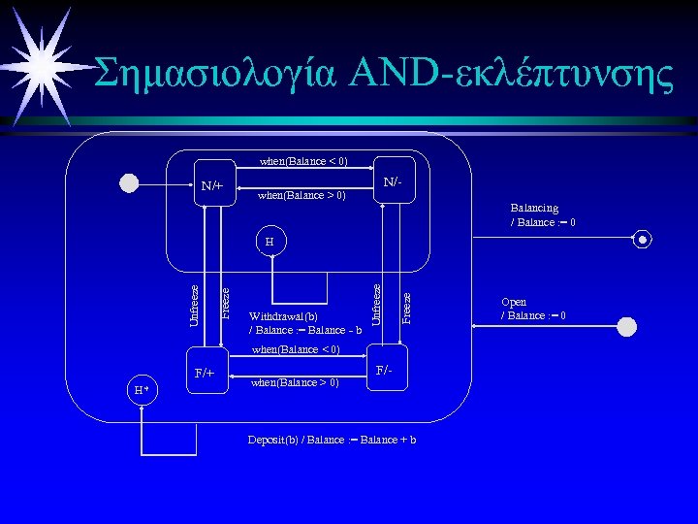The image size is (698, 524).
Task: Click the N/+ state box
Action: pos(212,184)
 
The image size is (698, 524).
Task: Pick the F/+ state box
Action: pos(206,372)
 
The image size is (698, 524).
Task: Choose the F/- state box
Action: pos(384,370)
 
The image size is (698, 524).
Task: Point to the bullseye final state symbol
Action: pos(643,240)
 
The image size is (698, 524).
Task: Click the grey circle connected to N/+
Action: pos(129,183)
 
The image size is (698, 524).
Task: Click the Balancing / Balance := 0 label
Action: pos(544,215)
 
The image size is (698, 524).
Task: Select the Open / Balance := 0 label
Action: pos(532,309)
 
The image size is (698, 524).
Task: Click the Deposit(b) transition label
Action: pos(333,441)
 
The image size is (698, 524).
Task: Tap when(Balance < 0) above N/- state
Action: pos(303,161)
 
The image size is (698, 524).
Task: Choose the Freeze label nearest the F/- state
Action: pos(406,309)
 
